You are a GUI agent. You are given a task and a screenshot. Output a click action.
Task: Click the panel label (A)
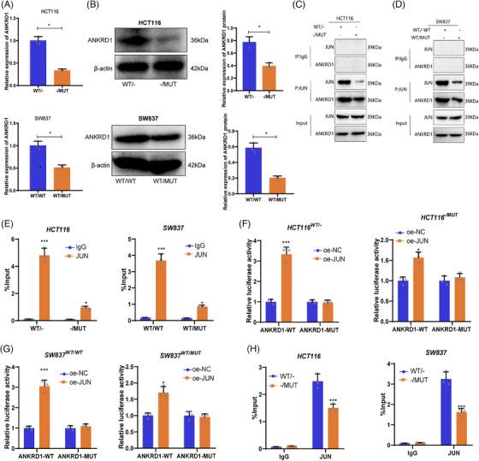click(11, 7)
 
